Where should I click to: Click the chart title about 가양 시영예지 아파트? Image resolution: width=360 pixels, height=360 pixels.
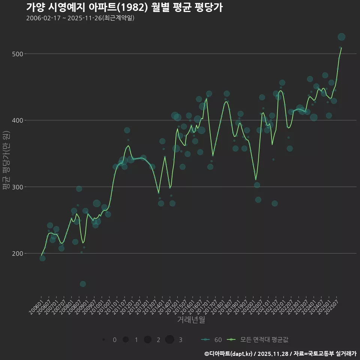(x=124, y=7)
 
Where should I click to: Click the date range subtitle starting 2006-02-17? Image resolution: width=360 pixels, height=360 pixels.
(x=80, y=18)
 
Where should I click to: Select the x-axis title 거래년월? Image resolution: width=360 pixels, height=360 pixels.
(x=191, y=320)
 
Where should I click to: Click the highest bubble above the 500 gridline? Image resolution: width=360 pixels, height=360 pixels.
(x=341, y=37)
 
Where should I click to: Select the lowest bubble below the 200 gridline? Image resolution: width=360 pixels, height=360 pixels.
(x=83, y=284)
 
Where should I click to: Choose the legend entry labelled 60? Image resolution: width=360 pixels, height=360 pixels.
(x=212, y=340)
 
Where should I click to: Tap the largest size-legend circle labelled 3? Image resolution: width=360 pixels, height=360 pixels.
(x=169, y=340)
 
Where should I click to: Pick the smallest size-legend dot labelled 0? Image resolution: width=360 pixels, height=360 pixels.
(x=103, y=340)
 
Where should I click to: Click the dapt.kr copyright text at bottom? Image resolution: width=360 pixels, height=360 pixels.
(x=280, y=354)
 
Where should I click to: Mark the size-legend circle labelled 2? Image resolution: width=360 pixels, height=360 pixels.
(x=147, y=340)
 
